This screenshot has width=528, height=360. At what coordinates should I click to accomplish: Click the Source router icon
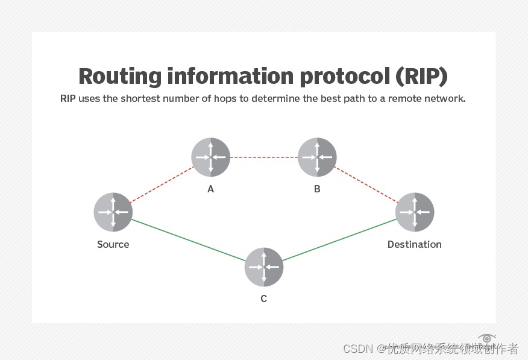pyautogui.click(x=113, y=212)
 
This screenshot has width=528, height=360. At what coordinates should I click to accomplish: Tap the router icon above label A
pyautogui.click(x=210, y=157)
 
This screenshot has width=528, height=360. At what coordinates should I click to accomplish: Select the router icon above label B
pyautogui.click(x=317, y=157)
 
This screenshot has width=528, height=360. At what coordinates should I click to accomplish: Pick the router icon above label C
pyautogui.click(x=263, y=267)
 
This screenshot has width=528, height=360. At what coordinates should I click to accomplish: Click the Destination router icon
pyautogui.click(x=415, y=212)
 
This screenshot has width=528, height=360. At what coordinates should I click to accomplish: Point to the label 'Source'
pyautogui.click(x=113, y=244)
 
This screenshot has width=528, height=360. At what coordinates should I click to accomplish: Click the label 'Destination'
pyautogui.click(x=414, y=244)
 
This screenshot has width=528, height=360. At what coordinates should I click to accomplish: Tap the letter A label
pyautogui.click(x=210, y=189)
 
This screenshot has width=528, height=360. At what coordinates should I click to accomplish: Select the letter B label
pyautogui.click(x=317, y=189)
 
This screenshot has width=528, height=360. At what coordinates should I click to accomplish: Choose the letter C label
pyautogui.click(x=263, y=298)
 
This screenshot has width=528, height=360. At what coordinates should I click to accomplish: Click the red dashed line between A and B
pyautogui.click(x=264, y=157)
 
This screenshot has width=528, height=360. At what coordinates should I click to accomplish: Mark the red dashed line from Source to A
pyautogui.click(x=162, y=185)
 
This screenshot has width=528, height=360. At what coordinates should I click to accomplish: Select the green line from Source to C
pyautogui.click(x=188, y=239)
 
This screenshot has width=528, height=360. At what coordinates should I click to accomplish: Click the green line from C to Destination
pyautogui.click(x=339, y=239)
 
